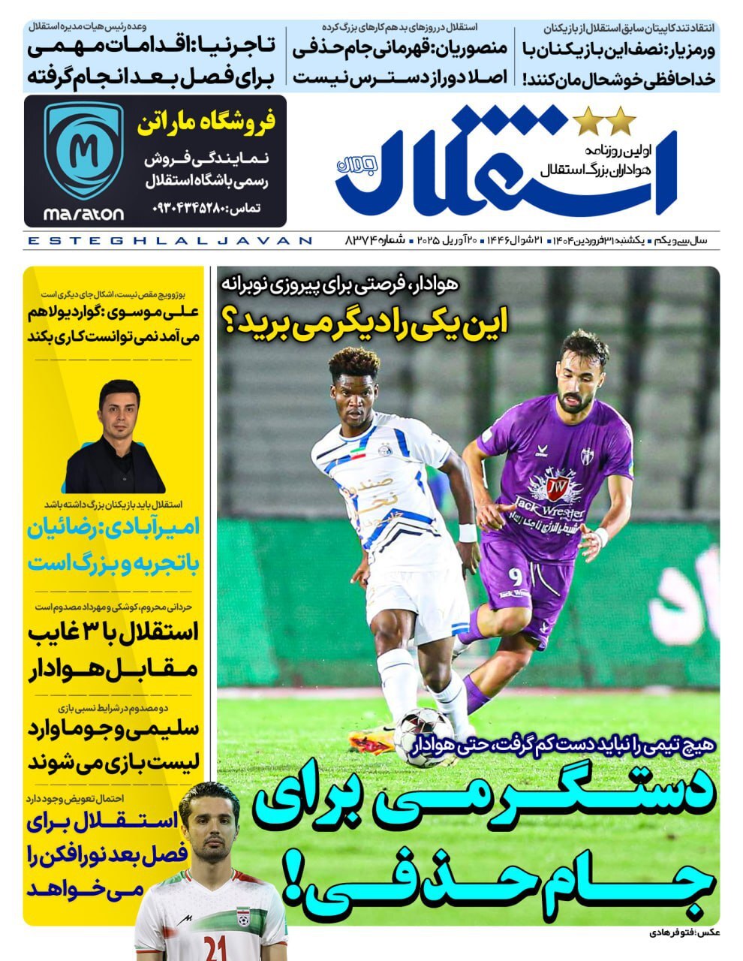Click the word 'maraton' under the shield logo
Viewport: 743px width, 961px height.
pyautogui.click(x=83, y=214)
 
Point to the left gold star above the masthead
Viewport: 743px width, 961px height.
pyautogui.click(x=585, y=119)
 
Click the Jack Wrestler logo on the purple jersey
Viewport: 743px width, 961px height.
pyautogui.click(x=557, y=495)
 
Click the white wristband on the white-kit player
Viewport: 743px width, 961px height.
pyautogui.click(x=467, y=532)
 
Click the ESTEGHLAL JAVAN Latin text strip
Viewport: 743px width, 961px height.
pyautogui.click(x=169, y=241)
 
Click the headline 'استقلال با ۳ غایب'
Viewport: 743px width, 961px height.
pyautogui.click(x=113, y=632)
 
